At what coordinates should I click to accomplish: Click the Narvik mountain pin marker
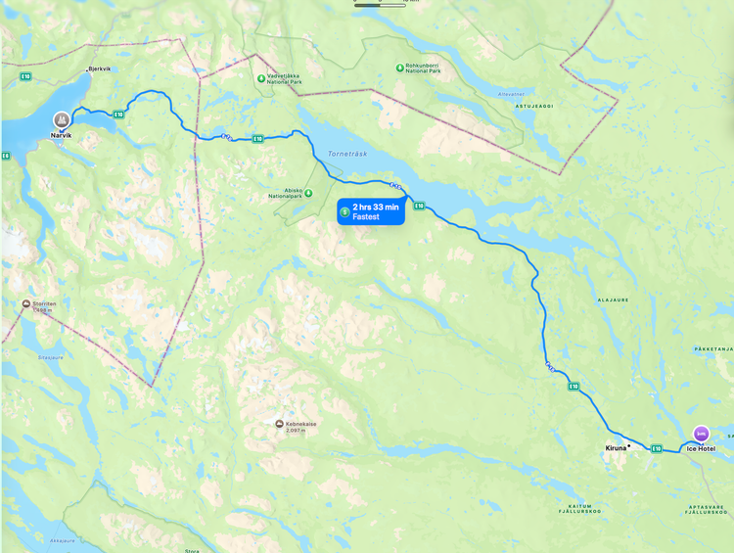point(62,119)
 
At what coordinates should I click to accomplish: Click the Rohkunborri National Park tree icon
point(398,68)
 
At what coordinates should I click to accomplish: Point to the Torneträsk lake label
point(346,154)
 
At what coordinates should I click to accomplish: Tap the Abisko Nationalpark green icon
point(308,193)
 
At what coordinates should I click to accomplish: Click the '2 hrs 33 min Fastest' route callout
point(371,211)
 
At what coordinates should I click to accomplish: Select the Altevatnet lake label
point(511,94)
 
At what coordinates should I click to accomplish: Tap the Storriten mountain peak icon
point(25,303)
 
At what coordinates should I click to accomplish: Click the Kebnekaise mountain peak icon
point(279,424)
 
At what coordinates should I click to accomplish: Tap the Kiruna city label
point(616,447)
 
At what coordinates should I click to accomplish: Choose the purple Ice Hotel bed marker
point(700,433)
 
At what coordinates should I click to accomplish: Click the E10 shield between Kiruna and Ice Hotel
point(657,449)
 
